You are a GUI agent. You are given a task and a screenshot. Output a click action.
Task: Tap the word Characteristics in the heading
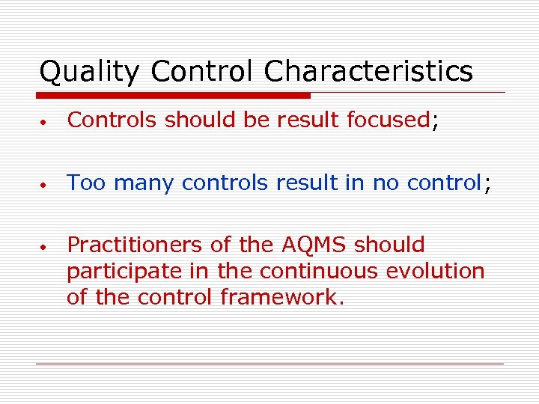[368, 73]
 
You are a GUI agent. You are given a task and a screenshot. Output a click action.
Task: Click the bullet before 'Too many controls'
[46, 184]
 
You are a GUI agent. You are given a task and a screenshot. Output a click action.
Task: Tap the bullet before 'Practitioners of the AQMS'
[46, 246]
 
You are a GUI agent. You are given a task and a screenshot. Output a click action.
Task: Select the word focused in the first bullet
[387, 120]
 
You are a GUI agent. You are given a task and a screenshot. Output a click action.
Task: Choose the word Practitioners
[141, 245]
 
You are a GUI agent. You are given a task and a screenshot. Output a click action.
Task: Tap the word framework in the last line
[282, 297]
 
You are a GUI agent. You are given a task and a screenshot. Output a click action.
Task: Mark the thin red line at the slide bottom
[269, 364]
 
